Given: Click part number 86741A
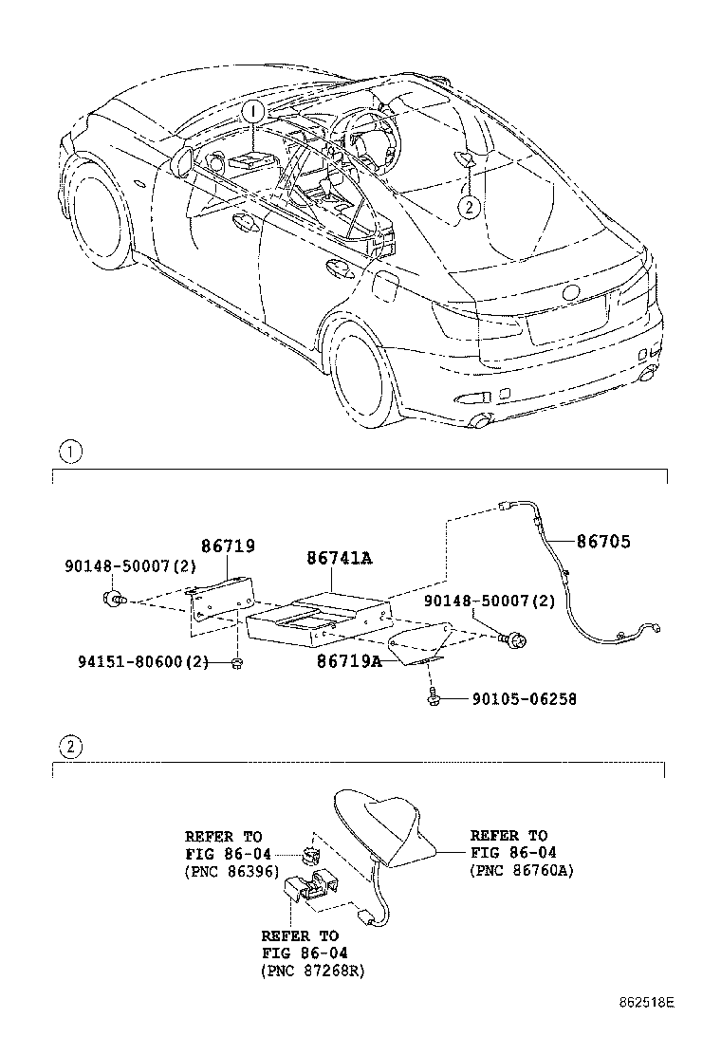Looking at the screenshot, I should (x=339, y=559).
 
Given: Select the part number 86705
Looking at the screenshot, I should (x=603, y=542).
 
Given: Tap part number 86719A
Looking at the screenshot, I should (x=349, y=661).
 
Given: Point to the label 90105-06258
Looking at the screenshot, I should (x=524, y=699).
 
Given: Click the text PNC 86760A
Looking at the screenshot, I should (x=522, y=869).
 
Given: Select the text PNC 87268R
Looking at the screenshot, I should (x=312, y=971).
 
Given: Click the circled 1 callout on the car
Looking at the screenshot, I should (x=252, y=112).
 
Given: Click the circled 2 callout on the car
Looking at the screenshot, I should (x=468, y=206).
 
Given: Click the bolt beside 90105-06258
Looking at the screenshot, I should (x=432, y=699).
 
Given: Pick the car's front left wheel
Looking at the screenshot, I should (x=98, y=211).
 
